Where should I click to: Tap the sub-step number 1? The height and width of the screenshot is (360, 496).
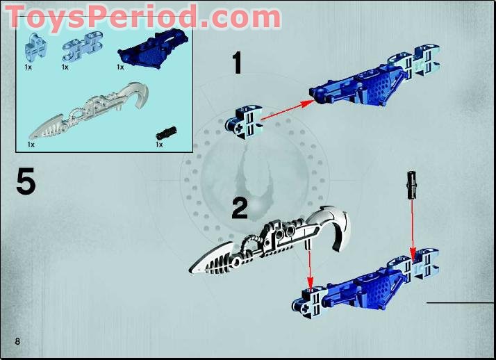pos(237,63)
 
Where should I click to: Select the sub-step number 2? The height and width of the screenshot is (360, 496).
pos(239,208)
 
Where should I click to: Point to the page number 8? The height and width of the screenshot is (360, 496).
pos(16,340)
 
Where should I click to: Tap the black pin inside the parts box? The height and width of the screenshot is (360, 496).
pos(167,131)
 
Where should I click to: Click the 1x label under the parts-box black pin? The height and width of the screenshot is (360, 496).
pos(159,145)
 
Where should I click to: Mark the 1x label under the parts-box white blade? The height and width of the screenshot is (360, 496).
pos(31,145)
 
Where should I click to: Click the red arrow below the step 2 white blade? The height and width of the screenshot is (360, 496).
pos(310,268)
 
